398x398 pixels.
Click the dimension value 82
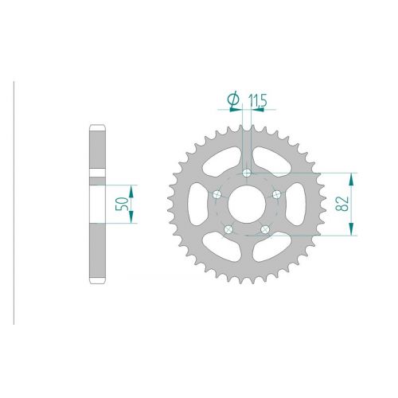coord(342,204)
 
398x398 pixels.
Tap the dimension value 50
coord(122,204)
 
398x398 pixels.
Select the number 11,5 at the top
coord(257,100)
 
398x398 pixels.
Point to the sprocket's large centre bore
coord(247,204)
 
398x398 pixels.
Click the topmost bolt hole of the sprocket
coord(247,174)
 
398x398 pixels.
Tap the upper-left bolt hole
coord(217,194)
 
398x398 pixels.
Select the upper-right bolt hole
coord(276,194)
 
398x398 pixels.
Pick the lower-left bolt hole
coord(228,229)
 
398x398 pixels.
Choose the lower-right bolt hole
coord(265,229)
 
